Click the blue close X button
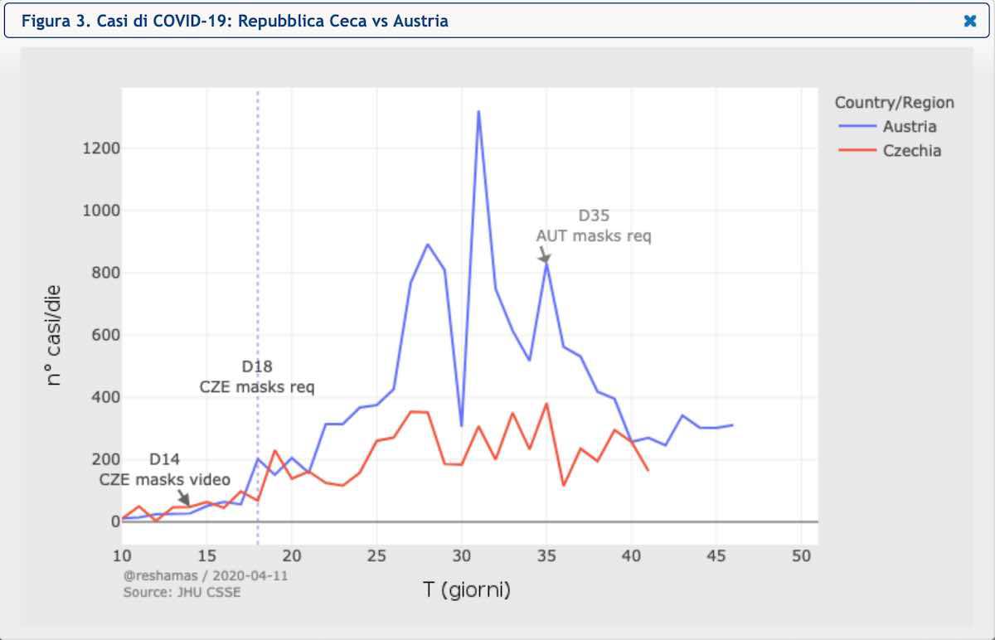coord(970,22)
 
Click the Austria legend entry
coord(909,127)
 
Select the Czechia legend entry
coord(911,151)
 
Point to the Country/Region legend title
coord(894,103)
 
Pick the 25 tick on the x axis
coord(376,555)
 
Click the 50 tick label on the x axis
coord(801,555)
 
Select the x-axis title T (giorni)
coord(467,590)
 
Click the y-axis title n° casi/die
coord(54,335)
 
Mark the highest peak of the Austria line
coord(478,111)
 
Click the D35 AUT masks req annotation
coord(594,225)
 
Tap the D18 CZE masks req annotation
coord(257,376)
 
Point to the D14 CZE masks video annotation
coord(165,469)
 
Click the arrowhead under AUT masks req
coord(545,259)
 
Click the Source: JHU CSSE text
coord(182,592)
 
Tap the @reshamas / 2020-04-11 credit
coord(206,575)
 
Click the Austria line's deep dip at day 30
coord(461,425)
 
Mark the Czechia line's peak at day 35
coord(546,404)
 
